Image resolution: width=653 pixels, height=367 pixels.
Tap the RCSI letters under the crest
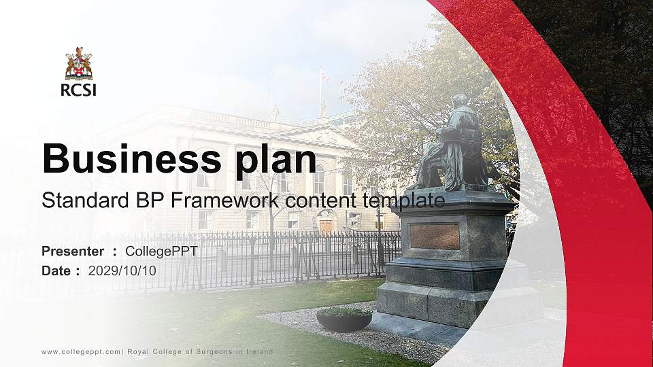[78, 89]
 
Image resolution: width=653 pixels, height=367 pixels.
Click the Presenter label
[73, 251]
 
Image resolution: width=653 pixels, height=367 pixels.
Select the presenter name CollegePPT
[161, 251]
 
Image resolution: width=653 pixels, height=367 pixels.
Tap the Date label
[56, 270]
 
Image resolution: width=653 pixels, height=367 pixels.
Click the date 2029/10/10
[122, 270]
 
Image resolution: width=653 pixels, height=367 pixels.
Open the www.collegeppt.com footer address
[81, 351]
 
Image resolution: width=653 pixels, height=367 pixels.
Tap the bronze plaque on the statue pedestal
[435, 237]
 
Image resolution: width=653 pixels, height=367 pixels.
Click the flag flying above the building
[324, 76]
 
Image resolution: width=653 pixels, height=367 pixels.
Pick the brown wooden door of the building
[326, 226]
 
